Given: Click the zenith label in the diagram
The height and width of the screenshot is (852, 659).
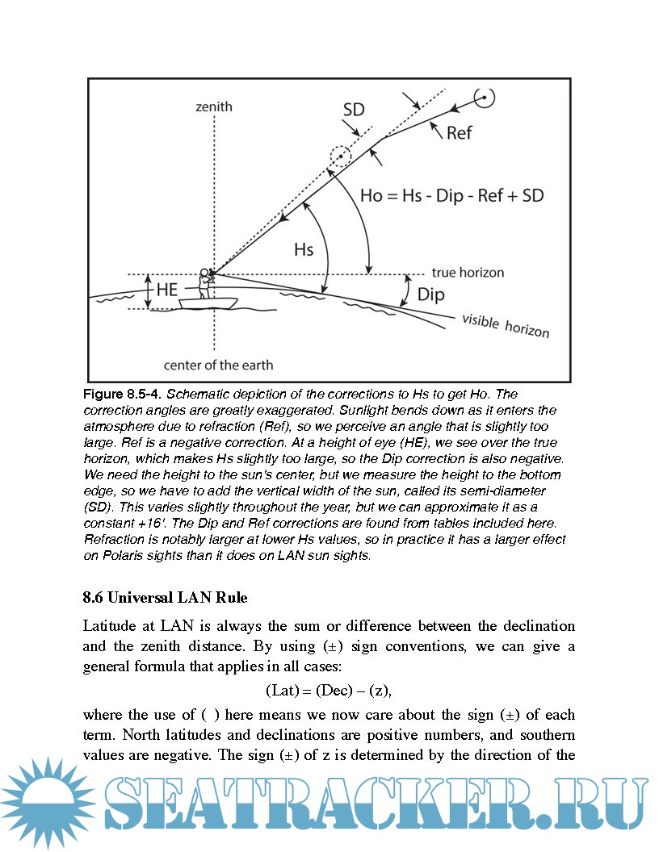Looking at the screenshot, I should tap(214, 106).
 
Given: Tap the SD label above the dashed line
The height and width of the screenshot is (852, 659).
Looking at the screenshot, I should tap(354, 109).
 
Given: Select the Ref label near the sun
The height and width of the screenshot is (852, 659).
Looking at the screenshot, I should tap(459, 132).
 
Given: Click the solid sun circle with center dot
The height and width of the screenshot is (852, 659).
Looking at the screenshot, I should tap(484, 98).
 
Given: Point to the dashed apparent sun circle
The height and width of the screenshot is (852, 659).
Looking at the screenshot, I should tap(341, 156).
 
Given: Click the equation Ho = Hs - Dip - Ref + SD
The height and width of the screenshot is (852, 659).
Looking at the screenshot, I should tap(451, 195).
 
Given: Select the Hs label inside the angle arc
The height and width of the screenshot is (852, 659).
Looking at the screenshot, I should tap(303, 250).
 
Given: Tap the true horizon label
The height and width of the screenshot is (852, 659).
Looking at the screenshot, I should tap(468, 273).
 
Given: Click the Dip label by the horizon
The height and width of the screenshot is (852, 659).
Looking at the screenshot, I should tap(430, 294).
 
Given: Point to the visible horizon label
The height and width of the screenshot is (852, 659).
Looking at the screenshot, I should tap(506, 326).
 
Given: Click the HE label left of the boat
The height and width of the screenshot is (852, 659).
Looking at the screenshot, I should tap(167, 290).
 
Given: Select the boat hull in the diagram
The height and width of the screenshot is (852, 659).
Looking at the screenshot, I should tap(208, 304).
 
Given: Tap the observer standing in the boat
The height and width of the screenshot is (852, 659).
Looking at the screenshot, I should tap(205, 283).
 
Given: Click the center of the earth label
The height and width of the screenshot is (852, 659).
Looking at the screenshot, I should tap(218, 365).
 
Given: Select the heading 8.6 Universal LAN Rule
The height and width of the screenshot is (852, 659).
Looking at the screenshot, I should tap(165, 598).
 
